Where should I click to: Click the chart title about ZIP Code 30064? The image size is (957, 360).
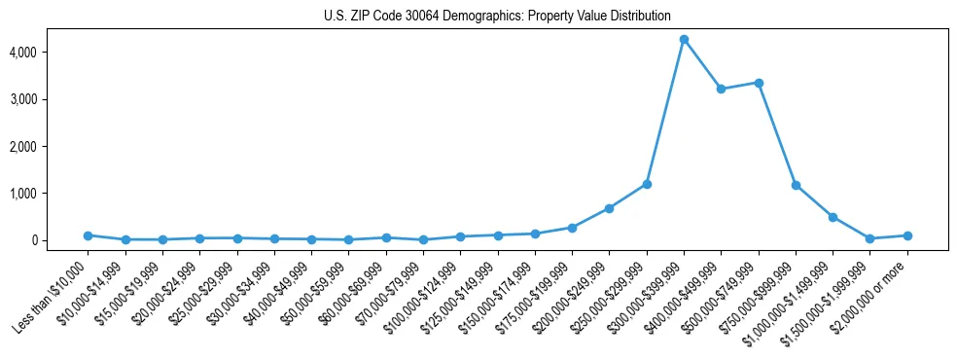[497, 16]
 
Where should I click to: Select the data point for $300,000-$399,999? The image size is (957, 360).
[684, 39]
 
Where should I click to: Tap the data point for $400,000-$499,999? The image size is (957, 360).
[722, 89]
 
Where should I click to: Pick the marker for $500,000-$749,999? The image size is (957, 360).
[759, 83]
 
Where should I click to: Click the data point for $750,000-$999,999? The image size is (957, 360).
[796, 185]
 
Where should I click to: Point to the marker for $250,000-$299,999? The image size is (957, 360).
[647, 184]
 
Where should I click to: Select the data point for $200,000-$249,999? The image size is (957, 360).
[609, 208]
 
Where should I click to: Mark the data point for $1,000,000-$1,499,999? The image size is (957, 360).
[833, 217]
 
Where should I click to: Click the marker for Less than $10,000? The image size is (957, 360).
[88, 235]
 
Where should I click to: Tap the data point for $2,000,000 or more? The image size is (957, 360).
[907, 235]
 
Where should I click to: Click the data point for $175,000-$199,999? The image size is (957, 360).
[572, 228]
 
